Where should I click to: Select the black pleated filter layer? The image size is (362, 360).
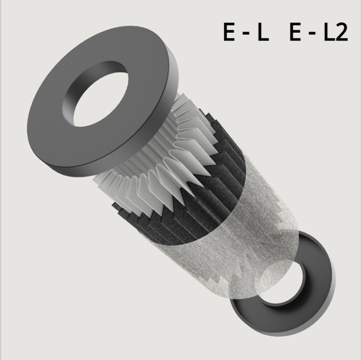click(195, 205)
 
